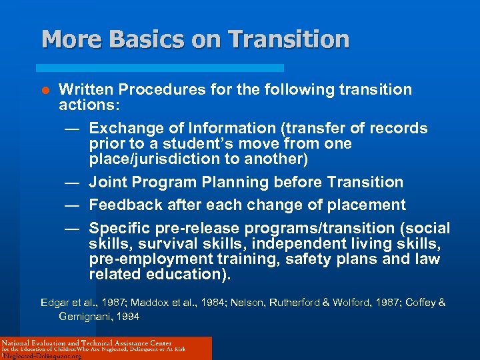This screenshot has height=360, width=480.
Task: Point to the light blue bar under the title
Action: pos(159,68)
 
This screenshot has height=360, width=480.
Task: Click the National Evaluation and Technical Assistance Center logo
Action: pos(106,348)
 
